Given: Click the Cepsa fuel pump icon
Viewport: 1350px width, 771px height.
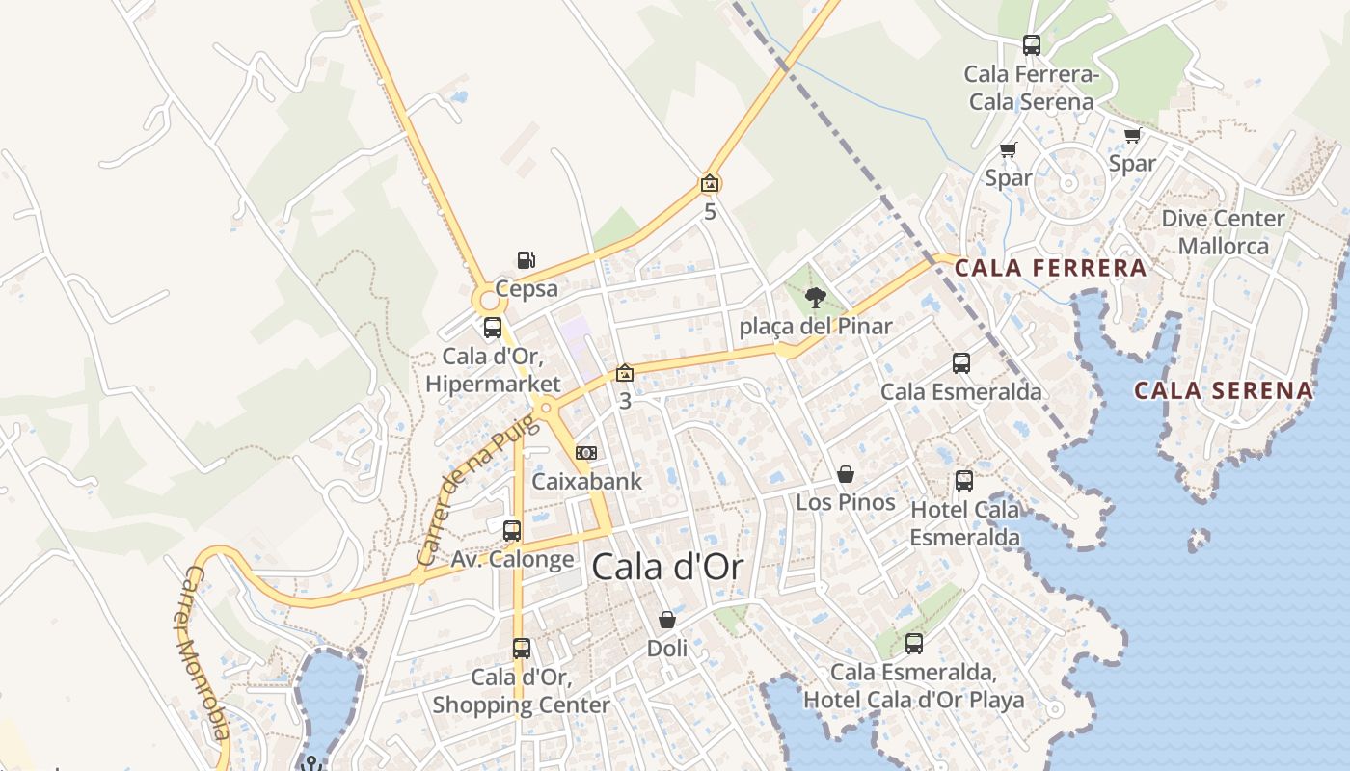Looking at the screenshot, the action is click(x=526, y=260).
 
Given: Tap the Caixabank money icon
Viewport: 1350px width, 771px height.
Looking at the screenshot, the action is click(x=585, y=453).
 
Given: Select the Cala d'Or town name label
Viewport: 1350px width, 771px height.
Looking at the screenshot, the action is click(x=667, y=567).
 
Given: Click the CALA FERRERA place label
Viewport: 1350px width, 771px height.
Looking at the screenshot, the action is click(x=1051, y=268).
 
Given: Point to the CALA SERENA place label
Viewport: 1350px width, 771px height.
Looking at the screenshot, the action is click(x=1223, y=390).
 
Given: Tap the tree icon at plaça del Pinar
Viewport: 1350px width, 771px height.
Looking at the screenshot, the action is click(x=816, y=298).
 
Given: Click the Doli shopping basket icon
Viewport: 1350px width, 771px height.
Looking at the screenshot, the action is click(x=667, y=620).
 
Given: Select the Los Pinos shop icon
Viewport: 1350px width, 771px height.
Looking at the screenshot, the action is click(x=846, y=474).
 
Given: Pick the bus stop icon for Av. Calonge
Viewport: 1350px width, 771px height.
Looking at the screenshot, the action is click(x=512, y=531).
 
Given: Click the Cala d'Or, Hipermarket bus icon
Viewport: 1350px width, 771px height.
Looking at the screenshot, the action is click(x=493, y=328).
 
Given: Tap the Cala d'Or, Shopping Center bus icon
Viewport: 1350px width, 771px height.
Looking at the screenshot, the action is click(x=522, y=649).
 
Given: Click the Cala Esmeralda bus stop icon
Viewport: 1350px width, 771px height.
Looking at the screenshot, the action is click(x=961, y=363).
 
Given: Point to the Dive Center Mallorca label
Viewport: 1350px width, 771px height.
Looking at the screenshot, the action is click(x=1223, y=232).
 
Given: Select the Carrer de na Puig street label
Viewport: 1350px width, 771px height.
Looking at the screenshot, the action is click(x=471, y=495).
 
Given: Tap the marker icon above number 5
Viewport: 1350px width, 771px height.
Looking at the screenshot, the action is click(x=710, y=183).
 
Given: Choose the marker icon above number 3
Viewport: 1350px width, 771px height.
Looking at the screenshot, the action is click(x=625, y=373).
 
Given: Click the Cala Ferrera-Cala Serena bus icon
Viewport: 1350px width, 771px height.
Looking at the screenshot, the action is click(x=1032, y=45).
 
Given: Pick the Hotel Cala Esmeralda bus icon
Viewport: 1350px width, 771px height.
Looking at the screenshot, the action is click(x=964, y=481).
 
